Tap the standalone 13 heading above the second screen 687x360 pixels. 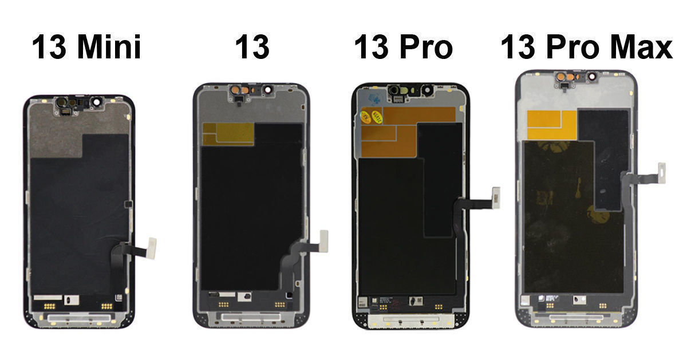[252, 47]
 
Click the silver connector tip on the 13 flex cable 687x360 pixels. [323, 240]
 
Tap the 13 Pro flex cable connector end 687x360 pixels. [496, 197]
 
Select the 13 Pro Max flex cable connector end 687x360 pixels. [662, 173]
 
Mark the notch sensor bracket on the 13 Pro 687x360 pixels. [410, 91]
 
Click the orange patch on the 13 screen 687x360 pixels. [228, 134]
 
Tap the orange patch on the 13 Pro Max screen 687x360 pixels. [551, 124]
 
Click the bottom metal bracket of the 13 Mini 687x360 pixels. [78, 317]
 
